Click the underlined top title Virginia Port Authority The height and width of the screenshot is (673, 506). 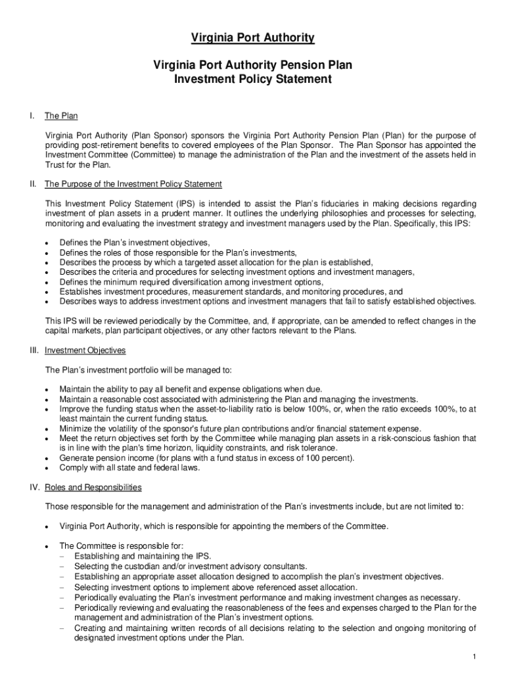pyautogui.click(x=252, y=39)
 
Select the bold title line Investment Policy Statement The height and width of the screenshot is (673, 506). pyautogui.click(x=252, y=80)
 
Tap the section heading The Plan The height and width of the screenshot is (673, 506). pyautogui.click(x=61, y=116)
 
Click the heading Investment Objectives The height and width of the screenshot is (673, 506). pyautogui.click(x=85, y=350)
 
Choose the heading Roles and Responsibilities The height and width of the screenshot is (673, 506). pyautogui.click(x=93, y=488)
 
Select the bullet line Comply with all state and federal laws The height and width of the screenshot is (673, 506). pyautogui.click(x=129, y=468)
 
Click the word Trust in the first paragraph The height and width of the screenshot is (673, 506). pyautogui.click(x=55, y=164)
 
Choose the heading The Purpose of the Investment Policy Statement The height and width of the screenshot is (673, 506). pyautogui.click(x=133, y=184)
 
